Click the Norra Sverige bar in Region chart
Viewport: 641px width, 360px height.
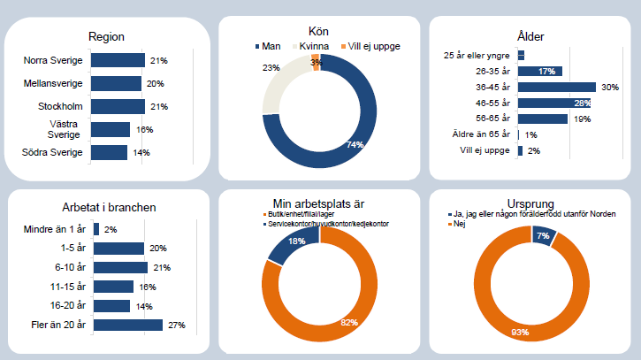[118, 60]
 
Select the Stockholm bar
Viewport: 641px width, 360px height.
[118, 106]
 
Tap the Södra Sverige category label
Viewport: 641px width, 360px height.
[53, 152]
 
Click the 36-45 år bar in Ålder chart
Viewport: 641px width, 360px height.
[557, 88]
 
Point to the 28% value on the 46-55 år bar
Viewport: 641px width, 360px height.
[582, 103]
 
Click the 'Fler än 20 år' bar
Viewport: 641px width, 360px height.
[127, 326]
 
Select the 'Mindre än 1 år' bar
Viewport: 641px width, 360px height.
[95, 230]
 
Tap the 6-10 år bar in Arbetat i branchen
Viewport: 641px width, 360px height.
[120, 268]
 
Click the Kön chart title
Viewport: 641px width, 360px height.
[319, 31]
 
